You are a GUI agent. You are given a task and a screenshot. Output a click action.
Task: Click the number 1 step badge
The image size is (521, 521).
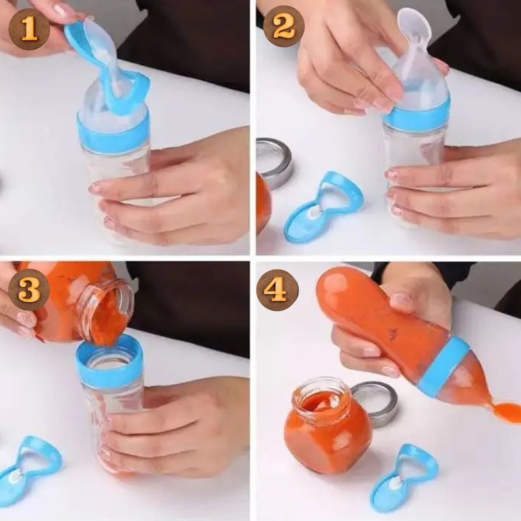click(29, 29)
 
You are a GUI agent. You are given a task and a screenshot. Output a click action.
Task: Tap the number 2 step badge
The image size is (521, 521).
click(284, 26)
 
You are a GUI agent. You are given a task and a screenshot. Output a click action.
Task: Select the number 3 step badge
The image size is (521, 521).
click(29, 289)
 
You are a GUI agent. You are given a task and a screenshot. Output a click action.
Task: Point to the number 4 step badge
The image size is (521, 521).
click(277, 290)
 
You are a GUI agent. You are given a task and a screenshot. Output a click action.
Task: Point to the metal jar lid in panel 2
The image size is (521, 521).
click(273, 162)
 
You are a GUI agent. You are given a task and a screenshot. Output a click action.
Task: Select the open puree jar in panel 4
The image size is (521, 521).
click(328, 428)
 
